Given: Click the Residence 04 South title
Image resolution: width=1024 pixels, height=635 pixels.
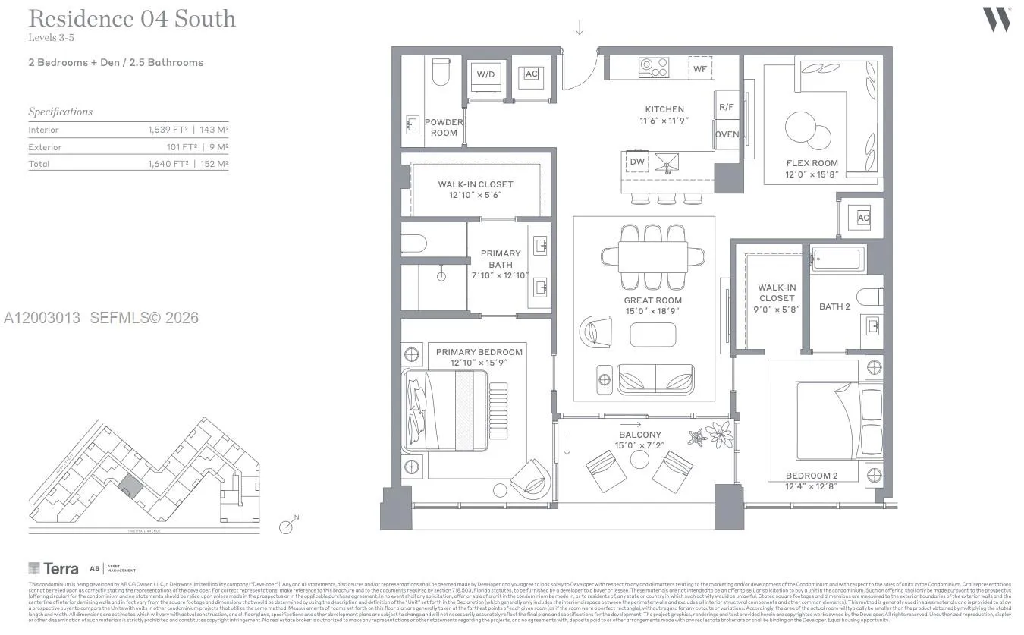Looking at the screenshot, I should tap(132, 19).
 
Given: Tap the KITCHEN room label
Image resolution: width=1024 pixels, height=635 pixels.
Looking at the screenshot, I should tap(664, 109).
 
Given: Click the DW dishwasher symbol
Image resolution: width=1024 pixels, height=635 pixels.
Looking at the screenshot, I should tap(637, 162).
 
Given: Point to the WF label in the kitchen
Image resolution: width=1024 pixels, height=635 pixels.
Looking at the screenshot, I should tap(700, 68).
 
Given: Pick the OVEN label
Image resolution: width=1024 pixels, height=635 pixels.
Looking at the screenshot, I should tap(727, 135).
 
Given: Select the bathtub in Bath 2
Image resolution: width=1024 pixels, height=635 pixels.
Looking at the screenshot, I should tap(837, 259).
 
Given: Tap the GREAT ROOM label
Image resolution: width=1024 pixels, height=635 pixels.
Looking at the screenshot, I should tap(652, 300).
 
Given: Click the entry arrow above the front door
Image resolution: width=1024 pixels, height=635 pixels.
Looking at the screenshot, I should tap(580, 28).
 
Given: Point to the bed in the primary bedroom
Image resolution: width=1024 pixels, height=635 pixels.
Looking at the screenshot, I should tap(448, 410).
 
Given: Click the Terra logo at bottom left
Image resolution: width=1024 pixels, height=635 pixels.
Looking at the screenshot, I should tap(53, 568).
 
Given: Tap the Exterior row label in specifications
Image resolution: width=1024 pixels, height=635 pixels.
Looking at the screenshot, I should tap(46, 147).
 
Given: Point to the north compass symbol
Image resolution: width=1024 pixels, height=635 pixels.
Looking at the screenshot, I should tap(287, 526).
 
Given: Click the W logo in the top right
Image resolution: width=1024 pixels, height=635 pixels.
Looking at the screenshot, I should tap(997, 19).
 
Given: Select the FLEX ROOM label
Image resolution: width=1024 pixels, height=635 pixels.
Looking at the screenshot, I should tap(812, 163).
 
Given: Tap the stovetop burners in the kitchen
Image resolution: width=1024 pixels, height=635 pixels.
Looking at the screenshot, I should tap(654, 67).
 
